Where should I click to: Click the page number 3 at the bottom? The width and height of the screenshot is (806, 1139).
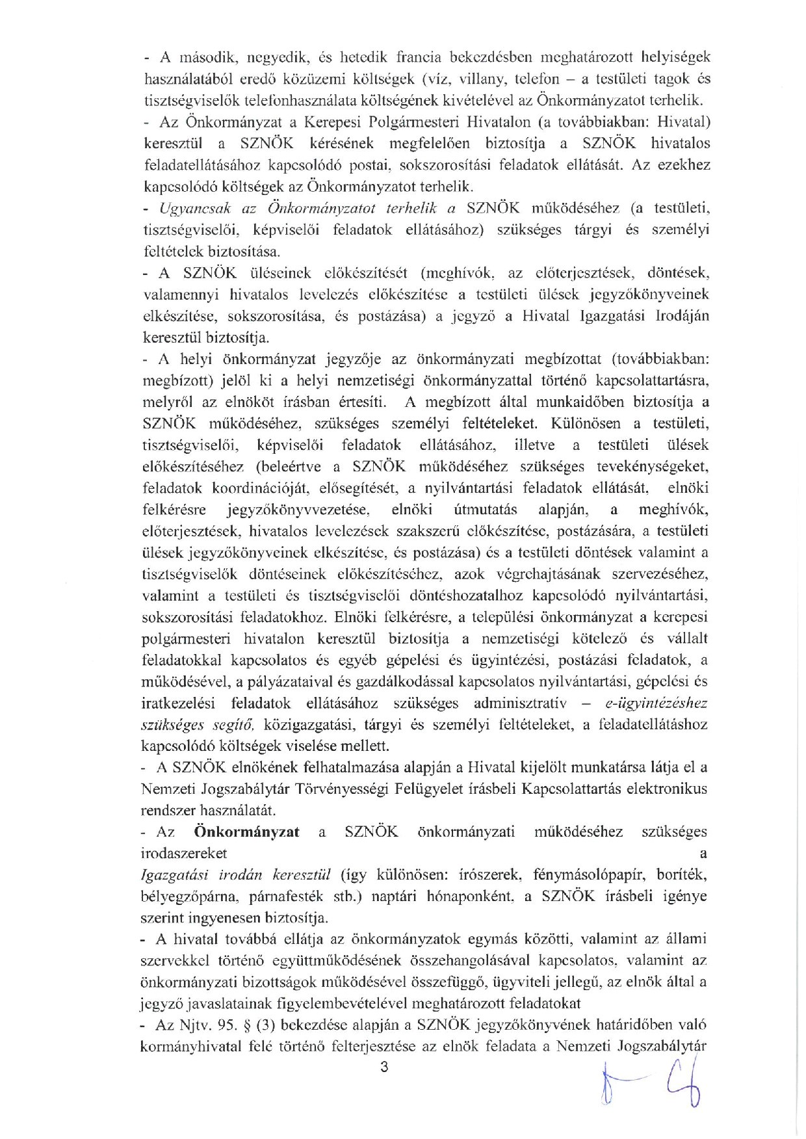tap(383, 1066)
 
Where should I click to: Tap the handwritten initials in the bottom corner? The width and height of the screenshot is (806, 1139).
tap(651, 1082)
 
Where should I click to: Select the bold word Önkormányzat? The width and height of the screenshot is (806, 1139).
tap(246, 831)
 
